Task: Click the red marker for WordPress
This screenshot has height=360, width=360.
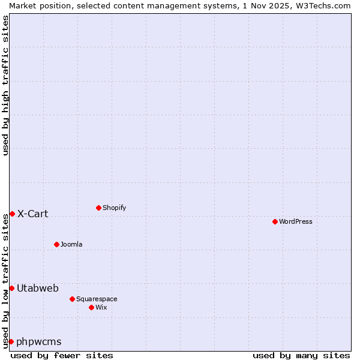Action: (275, 221)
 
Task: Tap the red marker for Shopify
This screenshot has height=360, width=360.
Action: (98, 208)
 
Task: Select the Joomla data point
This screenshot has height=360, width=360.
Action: (56, 244)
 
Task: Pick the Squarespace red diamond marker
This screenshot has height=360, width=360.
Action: (72, 299)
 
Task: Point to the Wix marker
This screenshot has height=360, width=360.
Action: (91, 307)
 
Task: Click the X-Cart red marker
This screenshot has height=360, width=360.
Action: (12, 214)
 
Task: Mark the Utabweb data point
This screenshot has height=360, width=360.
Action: (11, 288)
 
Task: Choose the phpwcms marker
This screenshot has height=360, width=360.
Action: (11, 341)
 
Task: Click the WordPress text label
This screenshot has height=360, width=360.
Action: (296, 221)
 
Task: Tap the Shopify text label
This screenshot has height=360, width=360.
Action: (115, 208)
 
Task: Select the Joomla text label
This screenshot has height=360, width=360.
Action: (71, 244)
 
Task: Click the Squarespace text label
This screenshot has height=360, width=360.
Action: (97, 299)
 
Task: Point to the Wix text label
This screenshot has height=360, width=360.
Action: (101, 307)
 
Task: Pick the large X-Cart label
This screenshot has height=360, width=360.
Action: (33, 214)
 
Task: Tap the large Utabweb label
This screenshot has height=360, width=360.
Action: (38, 288)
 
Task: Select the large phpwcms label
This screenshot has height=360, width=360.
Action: (39, 341)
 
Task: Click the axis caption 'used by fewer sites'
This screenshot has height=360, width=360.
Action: (62, 355)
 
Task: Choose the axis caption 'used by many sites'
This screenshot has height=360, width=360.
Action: (301, 355)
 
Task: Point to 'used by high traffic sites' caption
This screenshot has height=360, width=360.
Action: (5, 85)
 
